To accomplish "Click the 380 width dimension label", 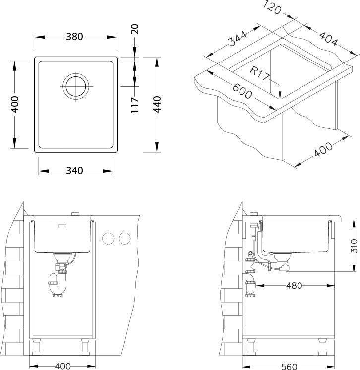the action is [74, 37].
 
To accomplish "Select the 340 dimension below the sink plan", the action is [74, 171].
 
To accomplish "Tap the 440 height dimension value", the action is [157, 104].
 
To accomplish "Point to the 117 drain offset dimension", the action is [135, 105].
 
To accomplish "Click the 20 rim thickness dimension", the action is [135, 29].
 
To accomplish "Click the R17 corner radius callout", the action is [259, 73].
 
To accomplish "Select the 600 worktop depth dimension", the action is [242, 91].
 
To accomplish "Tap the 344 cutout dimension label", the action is [239, 38].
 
